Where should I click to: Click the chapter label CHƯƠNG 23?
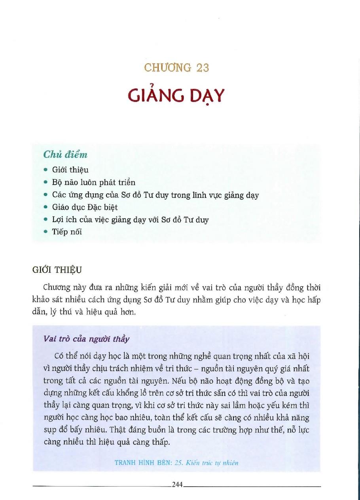pos(176,68)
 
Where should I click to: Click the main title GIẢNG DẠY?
pos(176,96)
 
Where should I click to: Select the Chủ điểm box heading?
pos(65,155)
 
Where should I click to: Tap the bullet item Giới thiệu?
pos(70,170)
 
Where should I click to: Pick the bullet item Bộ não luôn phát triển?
pos(94,182)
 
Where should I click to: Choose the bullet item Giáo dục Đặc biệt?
pos(85,207)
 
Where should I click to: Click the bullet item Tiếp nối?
pos(67,232)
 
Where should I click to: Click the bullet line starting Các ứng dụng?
pos(155,195)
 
